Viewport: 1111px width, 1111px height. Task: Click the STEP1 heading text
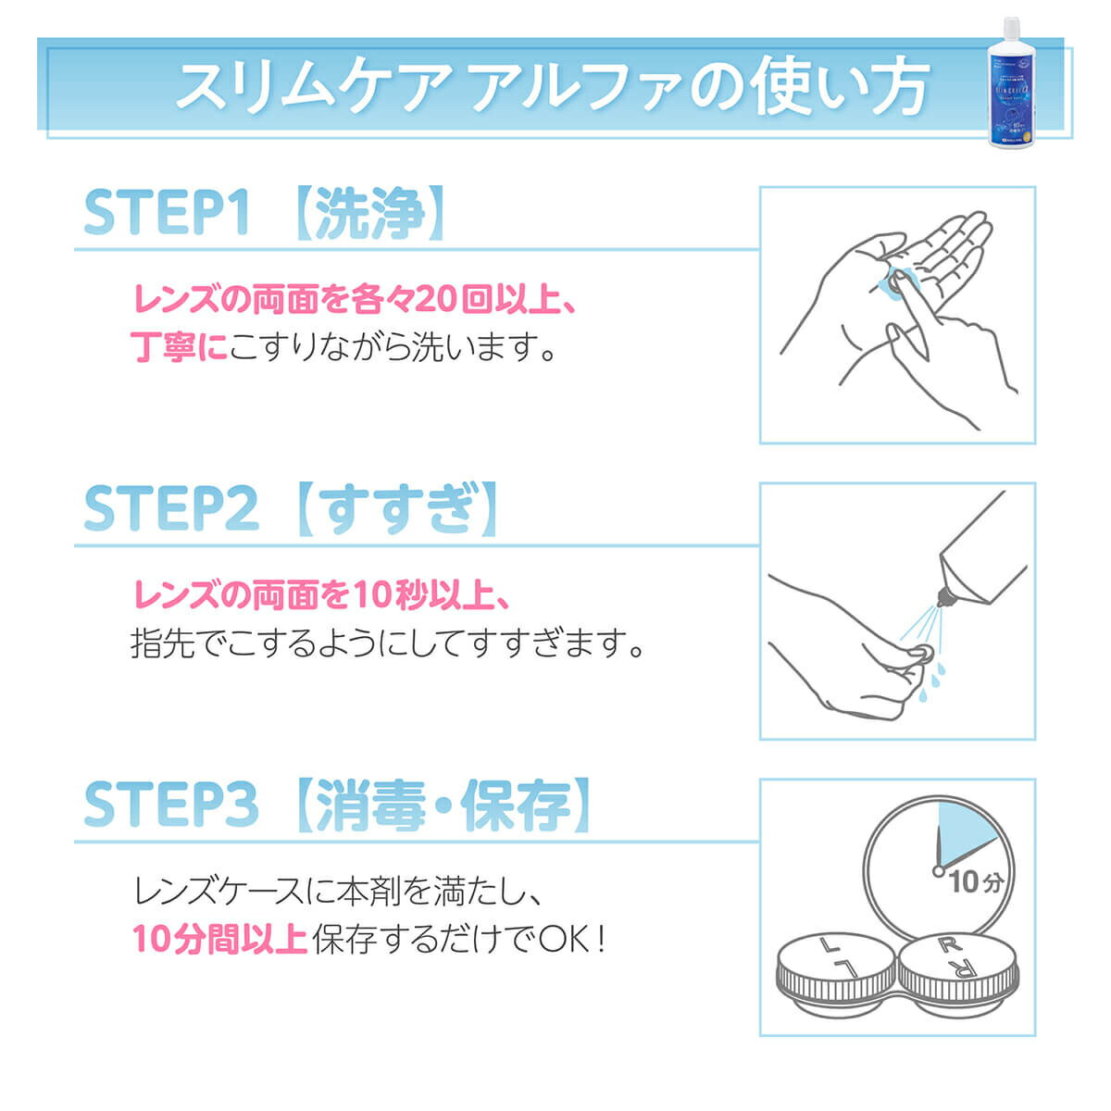pyautogui.click(x=167, y=214)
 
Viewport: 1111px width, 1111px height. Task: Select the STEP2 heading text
pyautogui.click(x=170, y=508)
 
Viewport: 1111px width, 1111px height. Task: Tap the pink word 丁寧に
pyautogui.click(x=179, y=348)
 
